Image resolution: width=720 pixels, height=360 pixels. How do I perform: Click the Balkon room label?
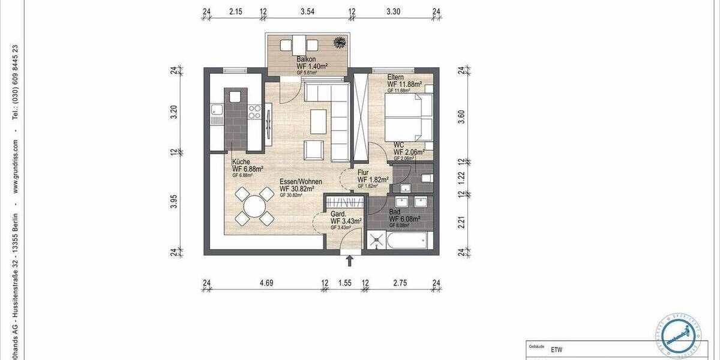pos(307,59)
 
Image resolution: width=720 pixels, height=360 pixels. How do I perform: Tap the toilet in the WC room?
pos(426,178)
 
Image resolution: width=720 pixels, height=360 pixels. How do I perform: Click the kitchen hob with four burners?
pos(254,112)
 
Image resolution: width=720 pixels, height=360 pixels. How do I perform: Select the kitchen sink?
pos(216,110)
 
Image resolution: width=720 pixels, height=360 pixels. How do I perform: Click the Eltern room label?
pos(396,77)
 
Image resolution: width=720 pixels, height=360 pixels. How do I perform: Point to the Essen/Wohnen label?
pos(301,181)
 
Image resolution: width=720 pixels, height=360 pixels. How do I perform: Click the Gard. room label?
pos(337,214)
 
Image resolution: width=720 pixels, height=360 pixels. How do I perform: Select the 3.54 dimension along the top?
pos(307,11)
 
